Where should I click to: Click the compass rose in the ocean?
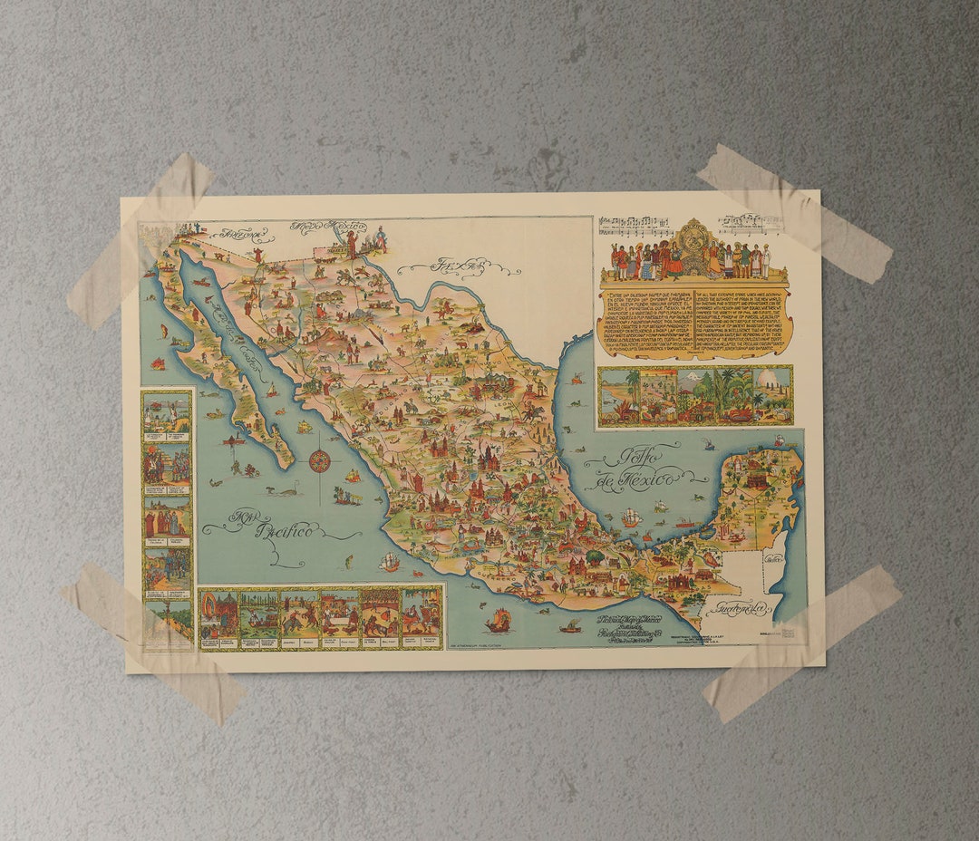[x=319, y=461]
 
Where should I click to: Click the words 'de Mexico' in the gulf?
[x=645, y=478]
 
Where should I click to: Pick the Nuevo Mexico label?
[x=328, y=227]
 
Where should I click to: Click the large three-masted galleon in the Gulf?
[x=631, y=517]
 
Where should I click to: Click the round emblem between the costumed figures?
[x=693, y=242]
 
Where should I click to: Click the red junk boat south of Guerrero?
[x=498, y=622]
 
